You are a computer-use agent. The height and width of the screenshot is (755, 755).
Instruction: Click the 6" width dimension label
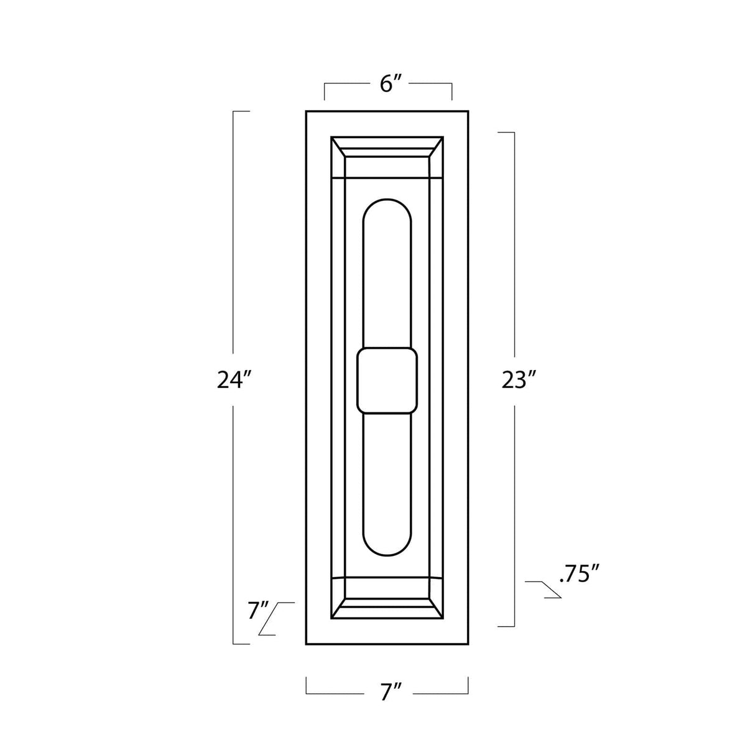coord(388,84)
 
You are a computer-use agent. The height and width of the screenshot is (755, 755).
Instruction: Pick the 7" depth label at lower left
coord(257,611)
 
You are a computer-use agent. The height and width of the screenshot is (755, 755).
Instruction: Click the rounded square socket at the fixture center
coord(387,381)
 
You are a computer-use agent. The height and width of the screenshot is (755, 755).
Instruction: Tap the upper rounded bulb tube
coord(387,274)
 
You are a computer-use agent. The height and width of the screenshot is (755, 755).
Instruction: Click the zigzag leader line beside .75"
coord(544,589)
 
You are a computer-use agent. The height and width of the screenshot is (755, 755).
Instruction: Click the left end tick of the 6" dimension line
coord(325,91)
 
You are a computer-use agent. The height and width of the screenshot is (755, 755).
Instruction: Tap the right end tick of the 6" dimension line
coord(452,91)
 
